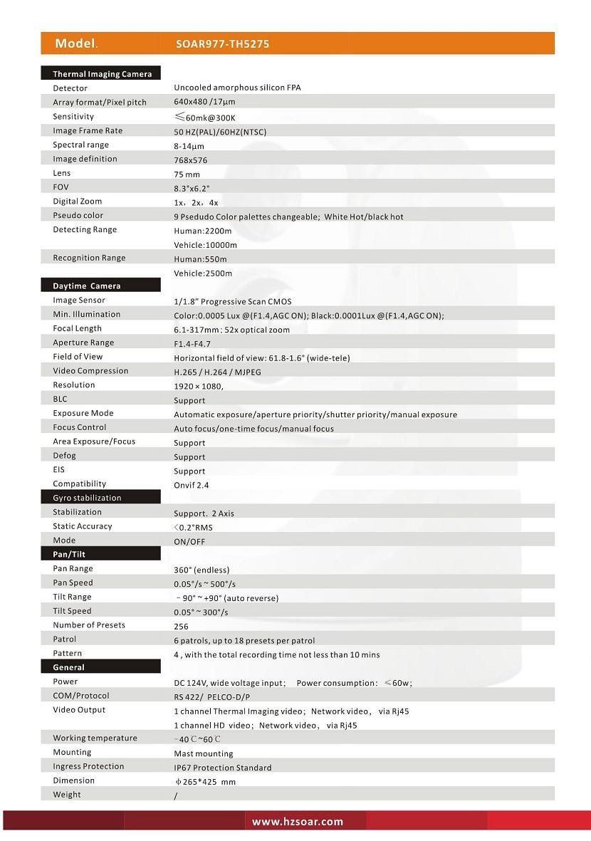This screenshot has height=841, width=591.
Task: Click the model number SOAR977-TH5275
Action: point(222,44)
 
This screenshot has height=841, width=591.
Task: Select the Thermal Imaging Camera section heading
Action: point(102,74)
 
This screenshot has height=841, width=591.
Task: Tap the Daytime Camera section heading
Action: point(86,286)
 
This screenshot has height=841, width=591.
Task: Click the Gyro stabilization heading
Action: point(87,498)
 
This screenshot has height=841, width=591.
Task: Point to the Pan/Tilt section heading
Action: point(69,554)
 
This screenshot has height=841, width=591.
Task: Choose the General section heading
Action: point(68,667)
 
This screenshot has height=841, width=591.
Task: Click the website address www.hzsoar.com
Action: point(298,822)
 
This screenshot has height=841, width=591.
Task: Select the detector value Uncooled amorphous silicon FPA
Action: point(237,88)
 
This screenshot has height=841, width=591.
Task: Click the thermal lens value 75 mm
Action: point(187,174)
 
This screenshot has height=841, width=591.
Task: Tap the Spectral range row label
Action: point(80,145)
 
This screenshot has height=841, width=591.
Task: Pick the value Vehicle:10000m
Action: point(205,245)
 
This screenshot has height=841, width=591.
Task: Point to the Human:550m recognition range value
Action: point(200,259)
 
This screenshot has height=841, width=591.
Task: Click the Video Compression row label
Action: point(90,371)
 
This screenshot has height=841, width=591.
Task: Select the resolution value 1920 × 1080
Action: point(198,386)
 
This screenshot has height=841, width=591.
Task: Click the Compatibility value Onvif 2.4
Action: point(192,485)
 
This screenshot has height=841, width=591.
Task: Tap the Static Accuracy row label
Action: point(82,526)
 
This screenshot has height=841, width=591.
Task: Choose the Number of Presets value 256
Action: point(181,627)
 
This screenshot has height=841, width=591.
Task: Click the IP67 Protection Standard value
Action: point(222,768)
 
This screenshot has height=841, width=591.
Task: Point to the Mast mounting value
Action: point(203,753)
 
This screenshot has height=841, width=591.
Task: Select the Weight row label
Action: point(67,795)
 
